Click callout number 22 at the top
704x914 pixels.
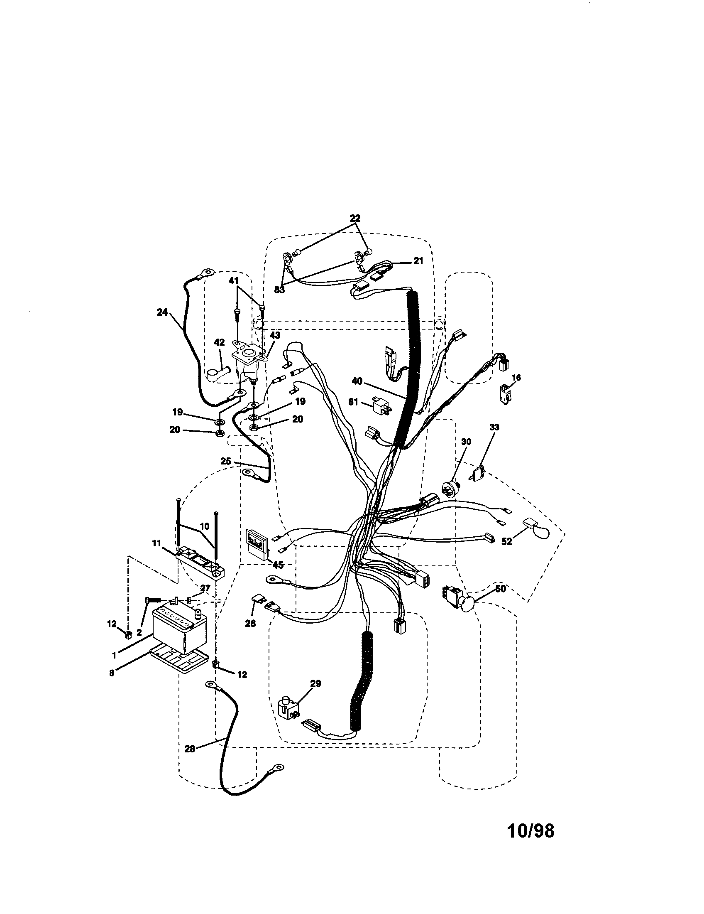tap(355, 219)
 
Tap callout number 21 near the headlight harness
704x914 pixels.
tap(418, 261)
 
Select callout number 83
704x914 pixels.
tap(279, 290)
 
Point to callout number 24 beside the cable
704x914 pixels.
tap(162, 312)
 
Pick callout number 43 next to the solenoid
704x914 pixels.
tap(275, 336)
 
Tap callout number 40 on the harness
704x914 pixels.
tap(357, 381)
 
